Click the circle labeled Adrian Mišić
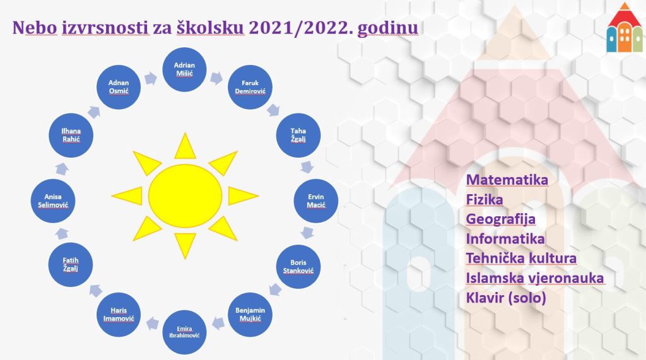[184, 69]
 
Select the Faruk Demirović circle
[250, 87]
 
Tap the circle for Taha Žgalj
[298, 135]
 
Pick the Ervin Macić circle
[316, 200]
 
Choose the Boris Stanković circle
[298, 267]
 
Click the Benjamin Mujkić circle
[250, 315]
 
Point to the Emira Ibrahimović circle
[184, 332]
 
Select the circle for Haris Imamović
[119, 315]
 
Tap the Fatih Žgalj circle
[71, 264]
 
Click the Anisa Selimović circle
[53, 200]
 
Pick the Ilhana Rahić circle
[71, 135]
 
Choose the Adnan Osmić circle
[119, 87]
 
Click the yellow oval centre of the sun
[185, 195]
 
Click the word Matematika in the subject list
[507, 180]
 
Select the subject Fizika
[484, 200]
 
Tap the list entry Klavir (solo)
[506, 298]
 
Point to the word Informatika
[505, 239]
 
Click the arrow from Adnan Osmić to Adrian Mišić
[151, 78]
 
